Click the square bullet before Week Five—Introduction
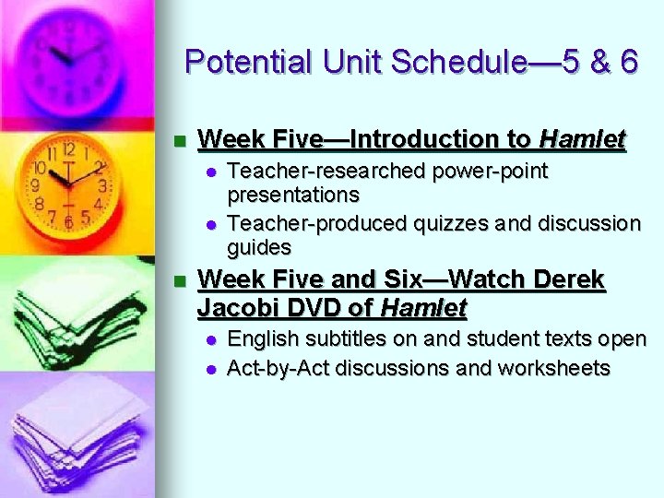(x=180, y=141)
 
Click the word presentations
(x=293, y=196)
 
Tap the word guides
(x=259, y=247)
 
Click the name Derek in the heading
(x=569, y=279)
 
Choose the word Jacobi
(x=234, y=306)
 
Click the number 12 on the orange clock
(x=69, y=148)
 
